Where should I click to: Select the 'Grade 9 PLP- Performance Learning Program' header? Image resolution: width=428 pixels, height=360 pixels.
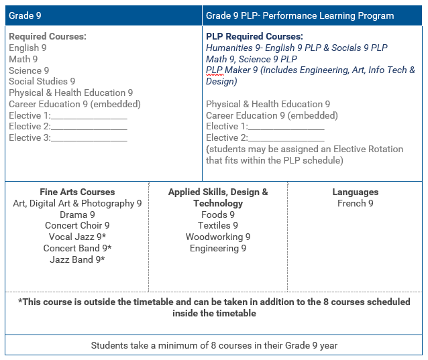coord(300,15)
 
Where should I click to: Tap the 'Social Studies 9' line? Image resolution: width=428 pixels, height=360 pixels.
coord(42,81)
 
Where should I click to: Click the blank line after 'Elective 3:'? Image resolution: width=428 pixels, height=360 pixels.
coord(89,138)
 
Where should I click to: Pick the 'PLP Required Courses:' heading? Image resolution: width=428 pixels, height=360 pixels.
coord(254,36)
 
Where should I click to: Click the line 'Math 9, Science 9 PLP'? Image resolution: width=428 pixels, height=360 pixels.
coord(252,59)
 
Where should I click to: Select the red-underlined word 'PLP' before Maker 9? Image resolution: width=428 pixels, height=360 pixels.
coord(214,70)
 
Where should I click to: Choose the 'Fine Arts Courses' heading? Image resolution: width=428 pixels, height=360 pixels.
coord(77,192)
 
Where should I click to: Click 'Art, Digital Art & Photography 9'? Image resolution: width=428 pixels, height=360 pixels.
coord(77,203)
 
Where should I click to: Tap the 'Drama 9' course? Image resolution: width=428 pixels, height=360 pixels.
coord(77,215)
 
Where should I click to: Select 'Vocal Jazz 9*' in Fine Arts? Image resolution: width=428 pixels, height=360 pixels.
coord(77,237)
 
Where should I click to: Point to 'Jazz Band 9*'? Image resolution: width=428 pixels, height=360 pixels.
coord(77,259)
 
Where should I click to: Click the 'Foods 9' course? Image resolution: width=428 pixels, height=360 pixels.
coord(218,215)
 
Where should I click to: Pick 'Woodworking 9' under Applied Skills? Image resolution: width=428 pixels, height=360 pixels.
coord(218,237)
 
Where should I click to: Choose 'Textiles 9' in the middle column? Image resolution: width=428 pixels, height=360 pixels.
coord(218,225)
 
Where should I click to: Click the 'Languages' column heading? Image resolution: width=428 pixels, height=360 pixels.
coord(356,192)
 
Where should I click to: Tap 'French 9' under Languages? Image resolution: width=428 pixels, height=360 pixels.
coord(356,203)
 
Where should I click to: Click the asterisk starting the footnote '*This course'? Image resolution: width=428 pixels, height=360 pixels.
coord(20,302)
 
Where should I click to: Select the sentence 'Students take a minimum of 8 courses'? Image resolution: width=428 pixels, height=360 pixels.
coord(214,345)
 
